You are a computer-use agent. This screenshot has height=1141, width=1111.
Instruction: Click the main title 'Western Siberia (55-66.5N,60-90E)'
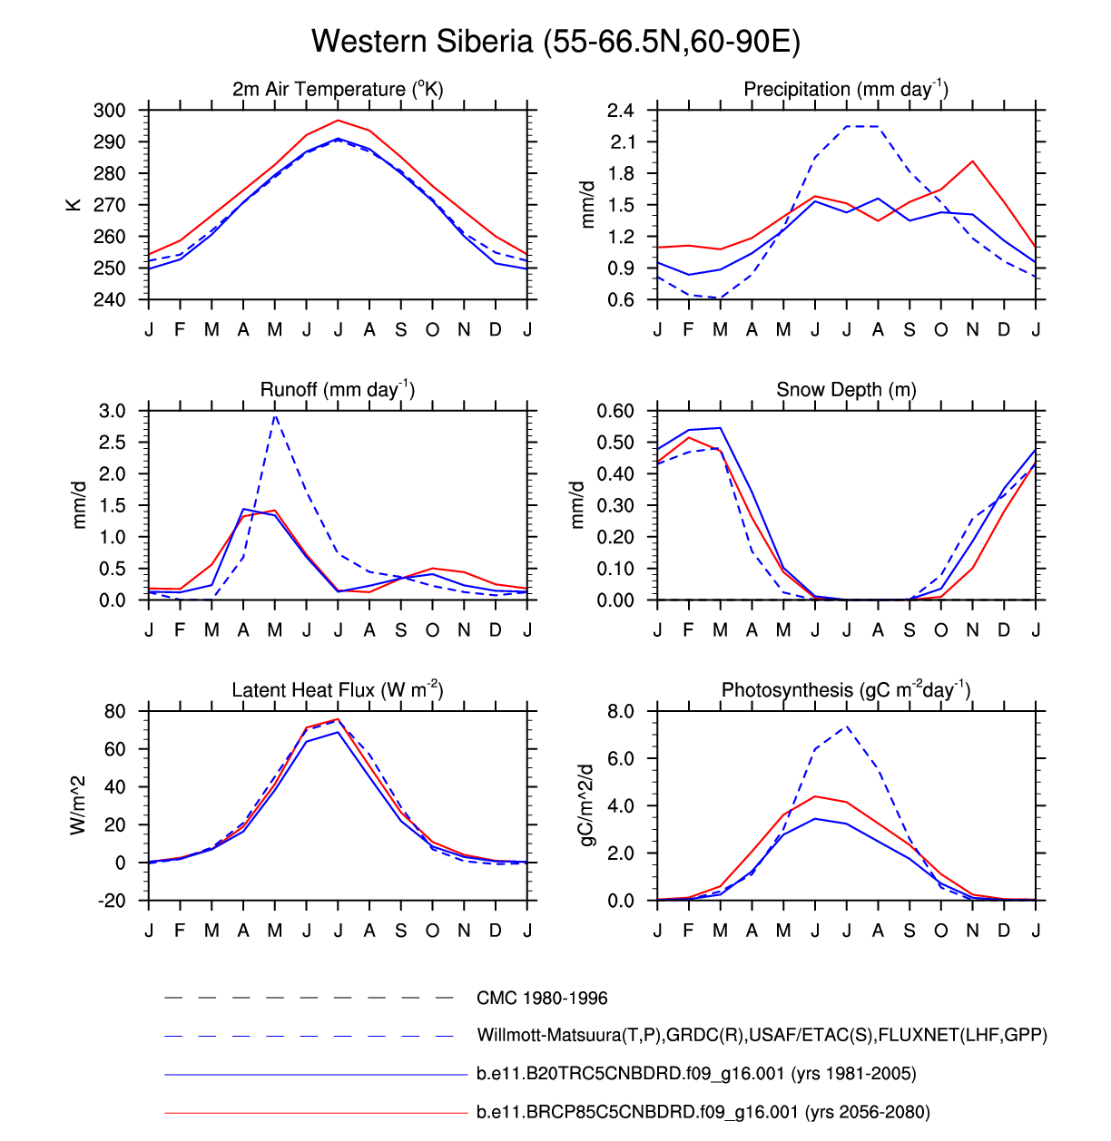click(555, 42)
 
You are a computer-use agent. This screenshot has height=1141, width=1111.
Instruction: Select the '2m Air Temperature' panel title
click(338, 89)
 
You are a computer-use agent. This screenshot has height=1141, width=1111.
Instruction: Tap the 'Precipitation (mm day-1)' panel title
click(846, 89)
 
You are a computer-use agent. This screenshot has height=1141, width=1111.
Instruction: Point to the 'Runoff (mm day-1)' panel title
click(338, 389)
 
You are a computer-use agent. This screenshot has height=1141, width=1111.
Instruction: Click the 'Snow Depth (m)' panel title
click(846, 390)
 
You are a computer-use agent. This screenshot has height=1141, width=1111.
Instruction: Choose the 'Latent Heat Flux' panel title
click(338, 690)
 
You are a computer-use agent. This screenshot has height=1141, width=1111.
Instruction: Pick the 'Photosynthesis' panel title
click(846, 690)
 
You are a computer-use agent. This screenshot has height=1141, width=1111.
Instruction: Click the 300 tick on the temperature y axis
click(110, 111)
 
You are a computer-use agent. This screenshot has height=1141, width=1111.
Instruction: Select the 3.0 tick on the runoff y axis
click(113, 411)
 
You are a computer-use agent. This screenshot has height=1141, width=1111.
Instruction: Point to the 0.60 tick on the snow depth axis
click(615, 411)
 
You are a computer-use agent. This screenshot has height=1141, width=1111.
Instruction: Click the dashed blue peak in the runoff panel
click(275, 415)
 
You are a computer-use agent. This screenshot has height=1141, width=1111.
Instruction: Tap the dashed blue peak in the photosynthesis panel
click(847, 726)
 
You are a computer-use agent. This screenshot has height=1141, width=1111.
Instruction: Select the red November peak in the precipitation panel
click(972, 161)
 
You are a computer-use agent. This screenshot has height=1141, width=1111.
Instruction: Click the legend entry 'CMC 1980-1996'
click(542, 999)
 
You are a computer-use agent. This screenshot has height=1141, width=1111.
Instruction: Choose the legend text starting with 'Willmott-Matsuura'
click(762, 1035)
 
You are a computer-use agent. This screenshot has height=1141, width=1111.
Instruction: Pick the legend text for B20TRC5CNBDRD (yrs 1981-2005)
click(696, 1074)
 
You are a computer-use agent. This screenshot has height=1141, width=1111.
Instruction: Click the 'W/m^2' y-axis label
click(78, 805)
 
